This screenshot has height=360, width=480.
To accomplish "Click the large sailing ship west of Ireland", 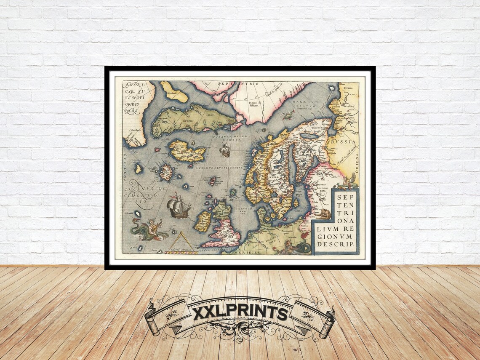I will click(x=179, y=208).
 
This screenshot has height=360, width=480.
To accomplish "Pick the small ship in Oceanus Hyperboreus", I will click(x=225, y=149).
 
